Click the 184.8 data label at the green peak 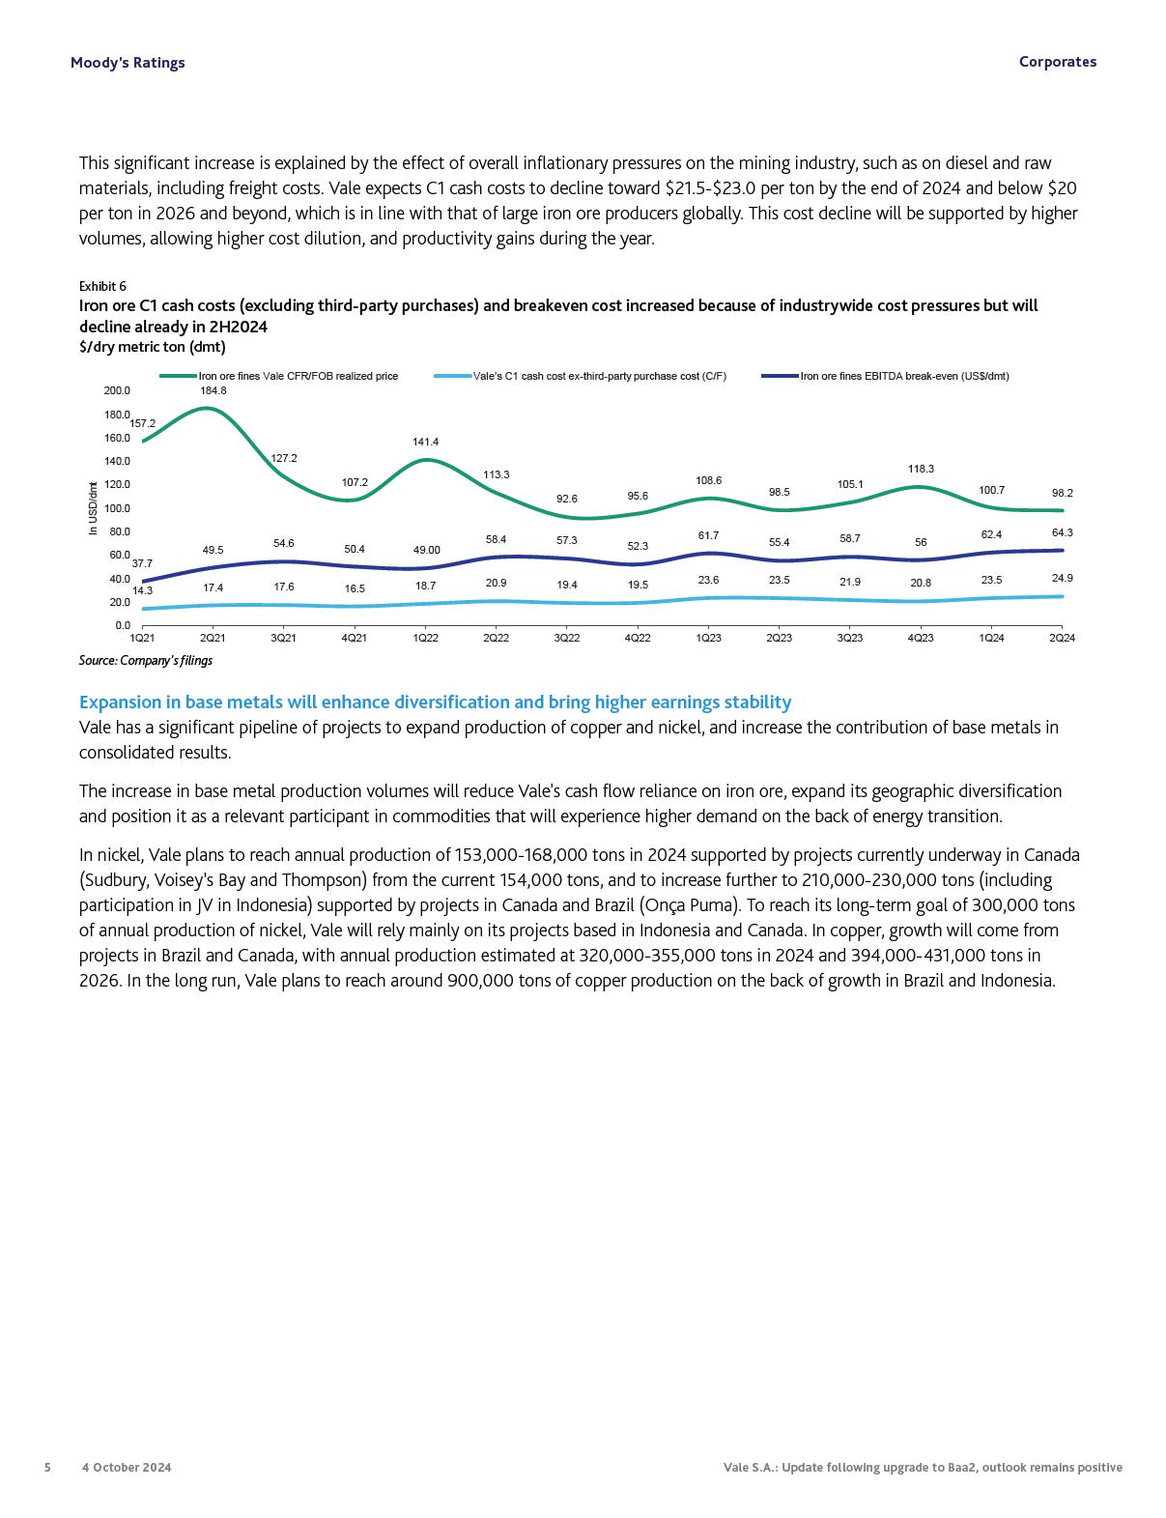coord(213,390)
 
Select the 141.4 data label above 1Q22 coord(425,442)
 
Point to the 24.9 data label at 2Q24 coord(1062,578)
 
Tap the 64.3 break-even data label coord(1062,532)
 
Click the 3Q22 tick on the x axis coord(567,638)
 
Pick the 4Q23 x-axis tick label coord(921,638)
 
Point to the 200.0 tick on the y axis coord(117,390)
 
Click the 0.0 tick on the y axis coord(122,625)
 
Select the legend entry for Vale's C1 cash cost coord(599,376)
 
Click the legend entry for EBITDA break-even coord(904,376)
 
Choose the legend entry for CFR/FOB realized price coord(298,376)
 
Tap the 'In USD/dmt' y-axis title coord(93,508)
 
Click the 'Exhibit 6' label coord(102,286)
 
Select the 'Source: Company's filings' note coord(146,661)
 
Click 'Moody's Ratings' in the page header coord(128,63)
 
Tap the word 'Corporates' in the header coord(1057,62)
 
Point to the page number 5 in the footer coord(47,1467)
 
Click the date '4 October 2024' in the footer coord(127,1467)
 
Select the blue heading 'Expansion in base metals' coord(435,702)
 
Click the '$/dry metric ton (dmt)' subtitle coord(152,347)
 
